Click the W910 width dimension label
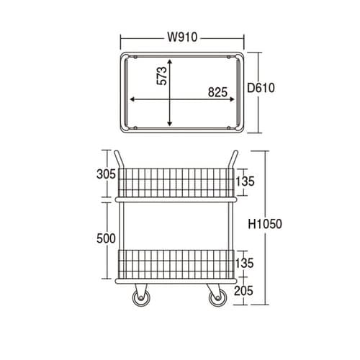pyautogui.click(x=182, y=37)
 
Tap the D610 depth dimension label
pyautogui.click(x=261, y=88)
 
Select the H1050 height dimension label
pyautogui.click(x=265, y=224)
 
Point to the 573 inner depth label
pyautogui.click(x=161, y=76)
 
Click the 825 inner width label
pyautogui.click(x=217, y=92)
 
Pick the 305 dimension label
pyautogui.click(x=106, y=174)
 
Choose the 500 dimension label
pyautogui.click(x=106, y=238)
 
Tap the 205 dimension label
pyautogui.click(x=243, y=291)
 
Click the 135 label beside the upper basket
pyautogui.click(x=245, y=181)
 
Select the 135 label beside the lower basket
pyautogui.click(x=244, y=263)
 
